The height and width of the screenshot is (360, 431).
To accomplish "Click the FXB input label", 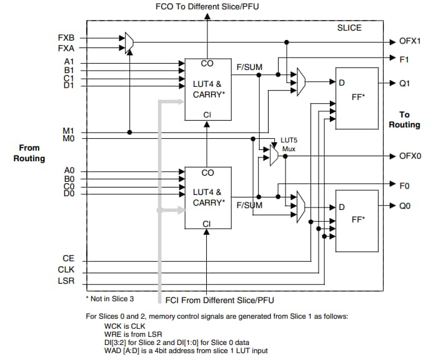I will coord(66,37).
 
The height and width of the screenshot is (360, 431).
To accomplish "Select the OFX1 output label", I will coord(410,42).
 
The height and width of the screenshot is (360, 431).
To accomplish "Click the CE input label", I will coord(68,257).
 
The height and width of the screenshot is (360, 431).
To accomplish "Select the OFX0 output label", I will coord(410,156).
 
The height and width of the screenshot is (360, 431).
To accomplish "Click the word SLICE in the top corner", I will coord(349,28).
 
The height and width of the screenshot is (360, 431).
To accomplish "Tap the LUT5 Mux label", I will coord(287,145).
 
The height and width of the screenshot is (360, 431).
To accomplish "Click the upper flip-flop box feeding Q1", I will coord(357,97).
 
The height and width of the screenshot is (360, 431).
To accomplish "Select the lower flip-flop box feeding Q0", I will coord(357,220).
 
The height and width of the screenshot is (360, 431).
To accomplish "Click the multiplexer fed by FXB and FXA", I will coord(129,42).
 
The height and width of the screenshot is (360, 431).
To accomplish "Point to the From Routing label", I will coord(29,153).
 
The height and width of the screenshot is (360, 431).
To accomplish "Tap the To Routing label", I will coord(404,120).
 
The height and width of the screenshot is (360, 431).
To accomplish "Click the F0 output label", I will coord(404,185).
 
